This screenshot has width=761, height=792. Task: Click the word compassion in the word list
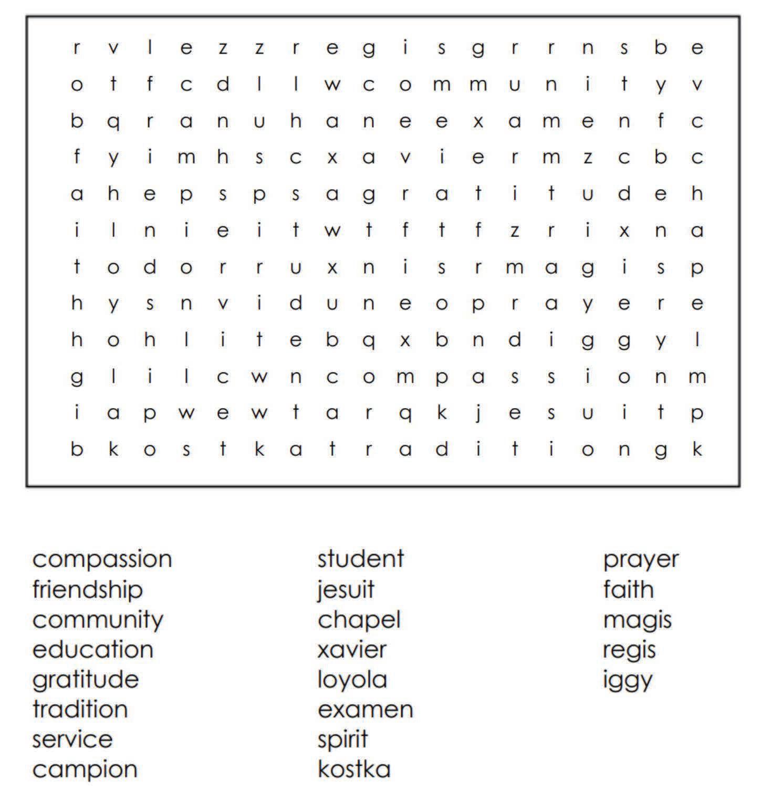(x=102, y=559)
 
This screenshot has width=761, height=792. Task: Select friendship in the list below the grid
(x=87, y=589)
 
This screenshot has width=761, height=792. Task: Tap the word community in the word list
(x=98, y=620)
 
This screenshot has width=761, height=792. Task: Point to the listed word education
(x=92, y=650)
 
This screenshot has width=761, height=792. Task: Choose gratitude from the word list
(x=85, y=680)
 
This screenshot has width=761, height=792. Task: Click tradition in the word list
(x=80, y=710)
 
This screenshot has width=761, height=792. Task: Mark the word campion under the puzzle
(x=85, y=770)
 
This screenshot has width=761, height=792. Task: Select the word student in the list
(x=360, y=559)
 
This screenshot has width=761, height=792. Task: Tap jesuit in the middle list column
(x=346, y=589)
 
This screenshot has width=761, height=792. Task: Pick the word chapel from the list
(x=359, y=620)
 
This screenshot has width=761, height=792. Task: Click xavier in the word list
(x=352, y=650)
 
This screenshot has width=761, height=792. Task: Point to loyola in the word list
(x=352, y=680)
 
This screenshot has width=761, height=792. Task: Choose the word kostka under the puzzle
(x=354, y=769)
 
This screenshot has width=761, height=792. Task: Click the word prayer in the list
(x=640, y=560)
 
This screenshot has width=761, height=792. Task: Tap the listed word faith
(x=628, y=589)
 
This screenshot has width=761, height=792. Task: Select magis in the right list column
(x=637, y=620)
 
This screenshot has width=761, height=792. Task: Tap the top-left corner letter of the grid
(x=77, y=48)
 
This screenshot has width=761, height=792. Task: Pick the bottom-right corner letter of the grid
(x=697, y=450)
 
